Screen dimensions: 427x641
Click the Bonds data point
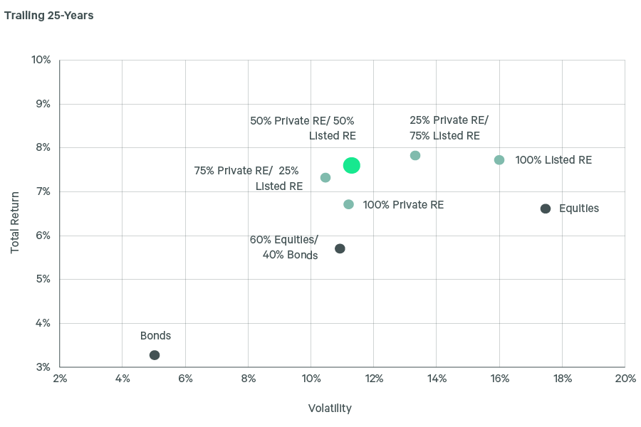pyautogui.click(x=155, y=355)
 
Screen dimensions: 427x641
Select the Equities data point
pyautogui.click(x=546, y=209)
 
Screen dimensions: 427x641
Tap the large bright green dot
pyautogui.click(x=351, y=165)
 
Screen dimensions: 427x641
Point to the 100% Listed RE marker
pyautogui.click(x=499, y=160)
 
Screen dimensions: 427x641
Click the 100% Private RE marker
pyautogui.click(x=348, y=204)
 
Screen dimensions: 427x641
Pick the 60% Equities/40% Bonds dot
pyautogui.click(x=340, y=248)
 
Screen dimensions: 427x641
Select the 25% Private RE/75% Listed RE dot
pyautogui.click(x=415, y=155)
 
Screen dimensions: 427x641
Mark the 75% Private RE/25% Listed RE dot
pyautogui.click(x=325, y=177)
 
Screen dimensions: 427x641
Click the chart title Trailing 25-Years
pyautogui.click(x=49, y=16)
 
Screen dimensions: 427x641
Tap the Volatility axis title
pyautogui.click(x=330, y=408)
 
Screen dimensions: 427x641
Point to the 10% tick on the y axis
pyautogui.click(x=41, y=60)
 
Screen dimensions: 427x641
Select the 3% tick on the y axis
pyautogui.click(x=43, y=367)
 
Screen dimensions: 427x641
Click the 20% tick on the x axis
pyautogui.click(x=625, y=379)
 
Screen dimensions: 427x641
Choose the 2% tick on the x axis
pyautogui.click(x=60, y=379)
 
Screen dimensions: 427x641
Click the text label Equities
pyautogui.click(x=579, y=209)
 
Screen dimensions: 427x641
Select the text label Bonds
pyautogui.click(x=155, y=336)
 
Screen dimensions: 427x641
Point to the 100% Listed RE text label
pyautogui.click(x=553, y=160)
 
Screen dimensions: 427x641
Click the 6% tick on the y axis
pyautogui.click(x=43, y=236)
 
